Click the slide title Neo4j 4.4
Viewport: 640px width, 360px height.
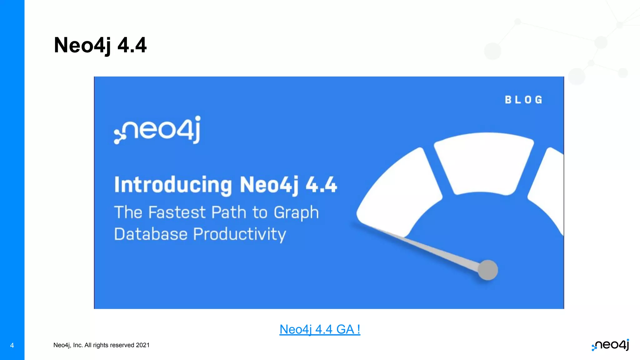coord(100,45)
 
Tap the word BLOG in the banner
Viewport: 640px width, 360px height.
coord(523,100)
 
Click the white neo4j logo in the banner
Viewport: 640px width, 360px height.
coord(157,130)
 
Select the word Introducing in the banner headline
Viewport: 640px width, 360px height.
coord(173,185)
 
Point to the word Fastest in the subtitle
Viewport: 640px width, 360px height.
coord(177,212)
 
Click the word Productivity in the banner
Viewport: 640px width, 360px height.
coord(239,234)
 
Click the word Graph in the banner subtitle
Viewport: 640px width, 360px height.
coord(296,213)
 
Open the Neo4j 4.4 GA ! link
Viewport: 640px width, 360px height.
coord(320,329)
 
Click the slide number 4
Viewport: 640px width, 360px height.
coord(12,345)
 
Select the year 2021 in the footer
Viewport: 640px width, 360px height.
coord(143,345)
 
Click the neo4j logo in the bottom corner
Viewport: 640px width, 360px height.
coord(610,345)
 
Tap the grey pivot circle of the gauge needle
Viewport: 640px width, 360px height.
coord(487,270)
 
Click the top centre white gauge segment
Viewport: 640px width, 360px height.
coord(484,162)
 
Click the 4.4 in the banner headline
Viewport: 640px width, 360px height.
coord(321,185)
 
